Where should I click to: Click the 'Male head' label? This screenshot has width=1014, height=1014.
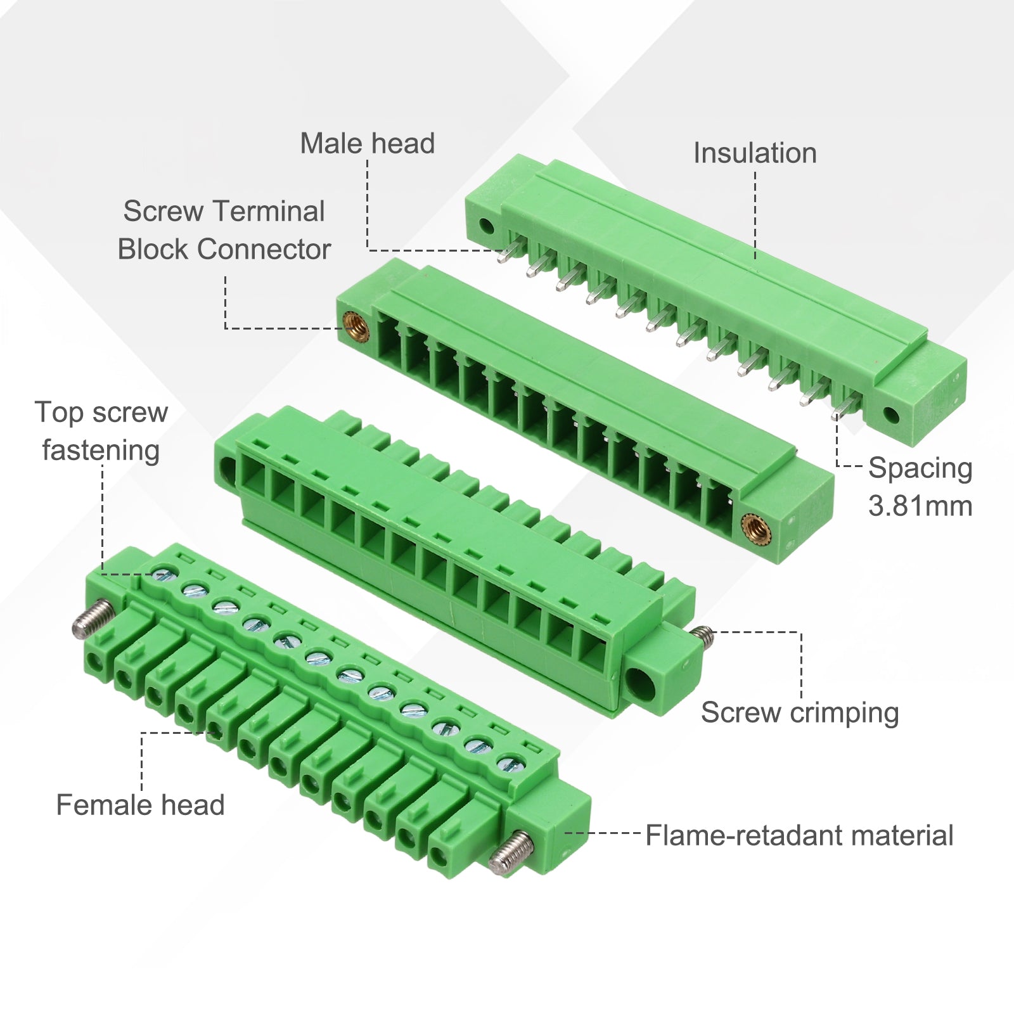click(x=368, y=143)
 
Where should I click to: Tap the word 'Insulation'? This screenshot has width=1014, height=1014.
click(x=755, y=153)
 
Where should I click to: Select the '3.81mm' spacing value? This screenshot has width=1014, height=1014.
click(x=920, y=506)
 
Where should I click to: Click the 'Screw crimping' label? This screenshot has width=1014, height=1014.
click(x=800, y=713)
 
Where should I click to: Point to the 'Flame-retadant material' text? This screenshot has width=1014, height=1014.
click(x=799, y=835)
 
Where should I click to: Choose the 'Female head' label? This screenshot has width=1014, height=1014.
click(x=140, y=805)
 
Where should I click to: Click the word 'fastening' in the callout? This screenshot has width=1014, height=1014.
click(x=101, y=451)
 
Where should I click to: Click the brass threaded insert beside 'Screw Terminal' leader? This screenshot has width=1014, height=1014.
click(x=356, y=327)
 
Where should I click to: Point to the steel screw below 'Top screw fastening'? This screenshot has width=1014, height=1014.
click(x=93, y=619)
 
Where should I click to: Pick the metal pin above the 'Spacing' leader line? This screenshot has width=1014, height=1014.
click(x=847, y=405)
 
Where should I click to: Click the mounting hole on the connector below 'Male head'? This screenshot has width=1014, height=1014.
click(x=485, y=225)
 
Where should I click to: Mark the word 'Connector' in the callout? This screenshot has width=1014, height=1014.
click(x=264, y=249)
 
